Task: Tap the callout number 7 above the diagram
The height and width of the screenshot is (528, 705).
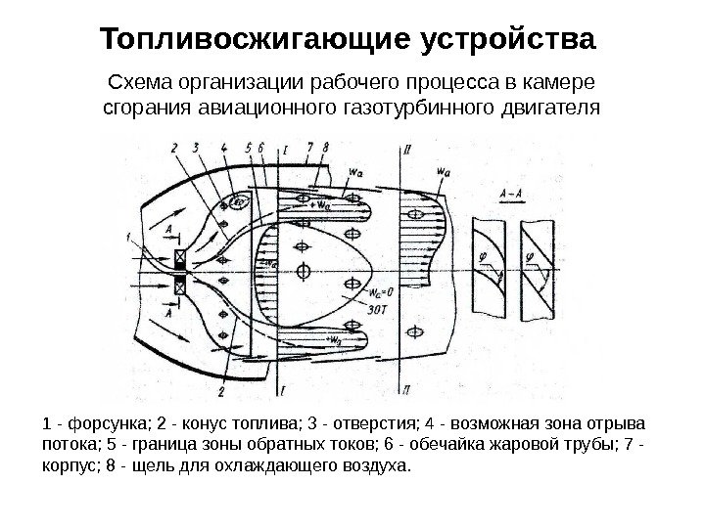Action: click(309, 148)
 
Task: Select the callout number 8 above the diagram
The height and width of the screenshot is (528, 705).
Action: click(326, 148)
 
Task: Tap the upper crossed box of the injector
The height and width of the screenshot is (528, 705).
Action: click(180, 259)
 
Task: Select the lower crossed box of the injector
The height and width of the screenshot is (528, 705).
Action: click(180, 285)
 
